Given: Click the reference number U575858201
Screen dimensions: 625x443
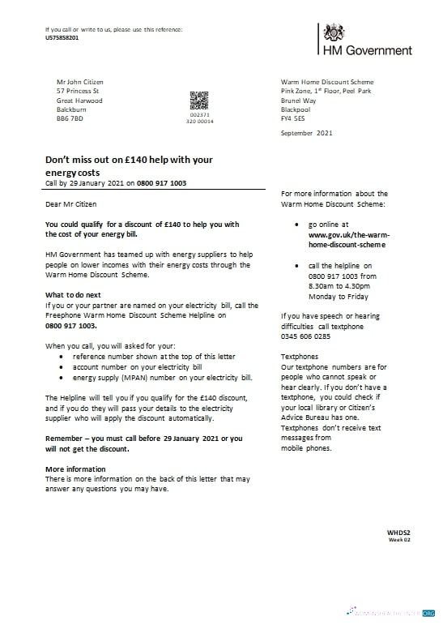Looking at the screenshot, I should pyautogui.click(x=62, y=38).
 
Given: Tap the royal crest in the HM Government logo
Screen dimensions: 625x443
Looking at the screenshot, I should pyautogui.click(x=333, y=33).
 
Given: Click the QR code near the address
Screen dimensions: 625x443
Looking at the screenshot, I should pyautogui.click(x=199, y=101).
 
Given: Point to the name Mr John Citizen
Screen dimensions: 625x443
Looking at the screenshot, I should pyautogui.click(x=79, y=82).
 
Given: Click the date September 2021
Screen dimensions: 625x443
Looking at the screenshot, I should pyautogui.click(x=306, y=132).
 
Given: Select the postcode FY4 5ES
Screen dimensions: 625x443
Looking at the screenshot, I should pyautogui.click(x=294, y=118).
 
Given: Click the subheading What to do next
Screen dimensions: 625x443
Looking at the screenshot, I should pyautogui.click(x=73, y=294).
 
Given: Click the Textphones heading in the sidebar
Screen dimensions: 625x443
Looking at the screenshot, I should pyautogui.click(x=299, y=356).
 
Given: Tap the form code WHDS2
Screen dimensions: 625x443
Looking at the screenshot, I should pyautogui.click(x=399, y=532).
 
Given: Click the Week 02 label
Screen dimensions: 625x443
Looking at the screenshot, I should pyautogui.click(x=400, y=539).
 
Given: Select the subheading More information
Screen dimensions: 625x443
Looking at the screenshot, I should pyautogui.click(x=75, y=469).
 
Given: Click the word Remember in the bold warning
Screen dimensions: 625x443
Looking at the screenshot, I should pyautogui.click(x=66, y=438).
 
